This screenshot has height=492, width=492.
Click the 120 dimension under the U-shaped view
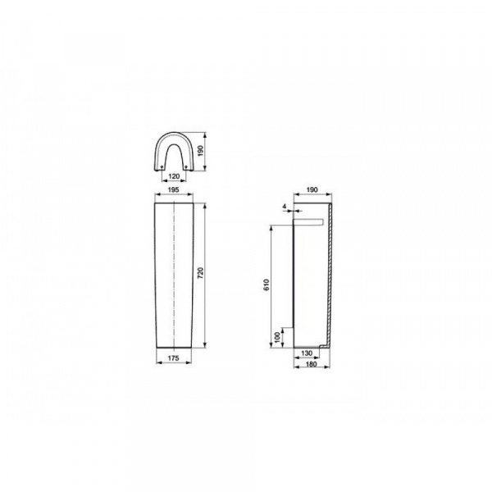174,176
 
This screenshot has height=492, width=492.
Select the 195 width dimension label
174,190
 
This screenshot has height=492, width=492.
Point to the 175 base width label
174,358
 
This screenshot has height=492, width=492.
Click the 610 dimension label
266,285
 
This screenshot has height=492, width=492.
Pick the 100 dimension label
277,338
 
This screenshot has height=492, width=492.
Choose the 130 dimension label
307,353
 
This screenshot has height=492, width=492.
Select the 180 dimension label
312,364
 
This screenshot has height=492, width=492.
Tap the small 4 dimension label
285,207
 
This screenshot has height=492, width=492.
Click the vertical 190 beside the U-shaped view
201,151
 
